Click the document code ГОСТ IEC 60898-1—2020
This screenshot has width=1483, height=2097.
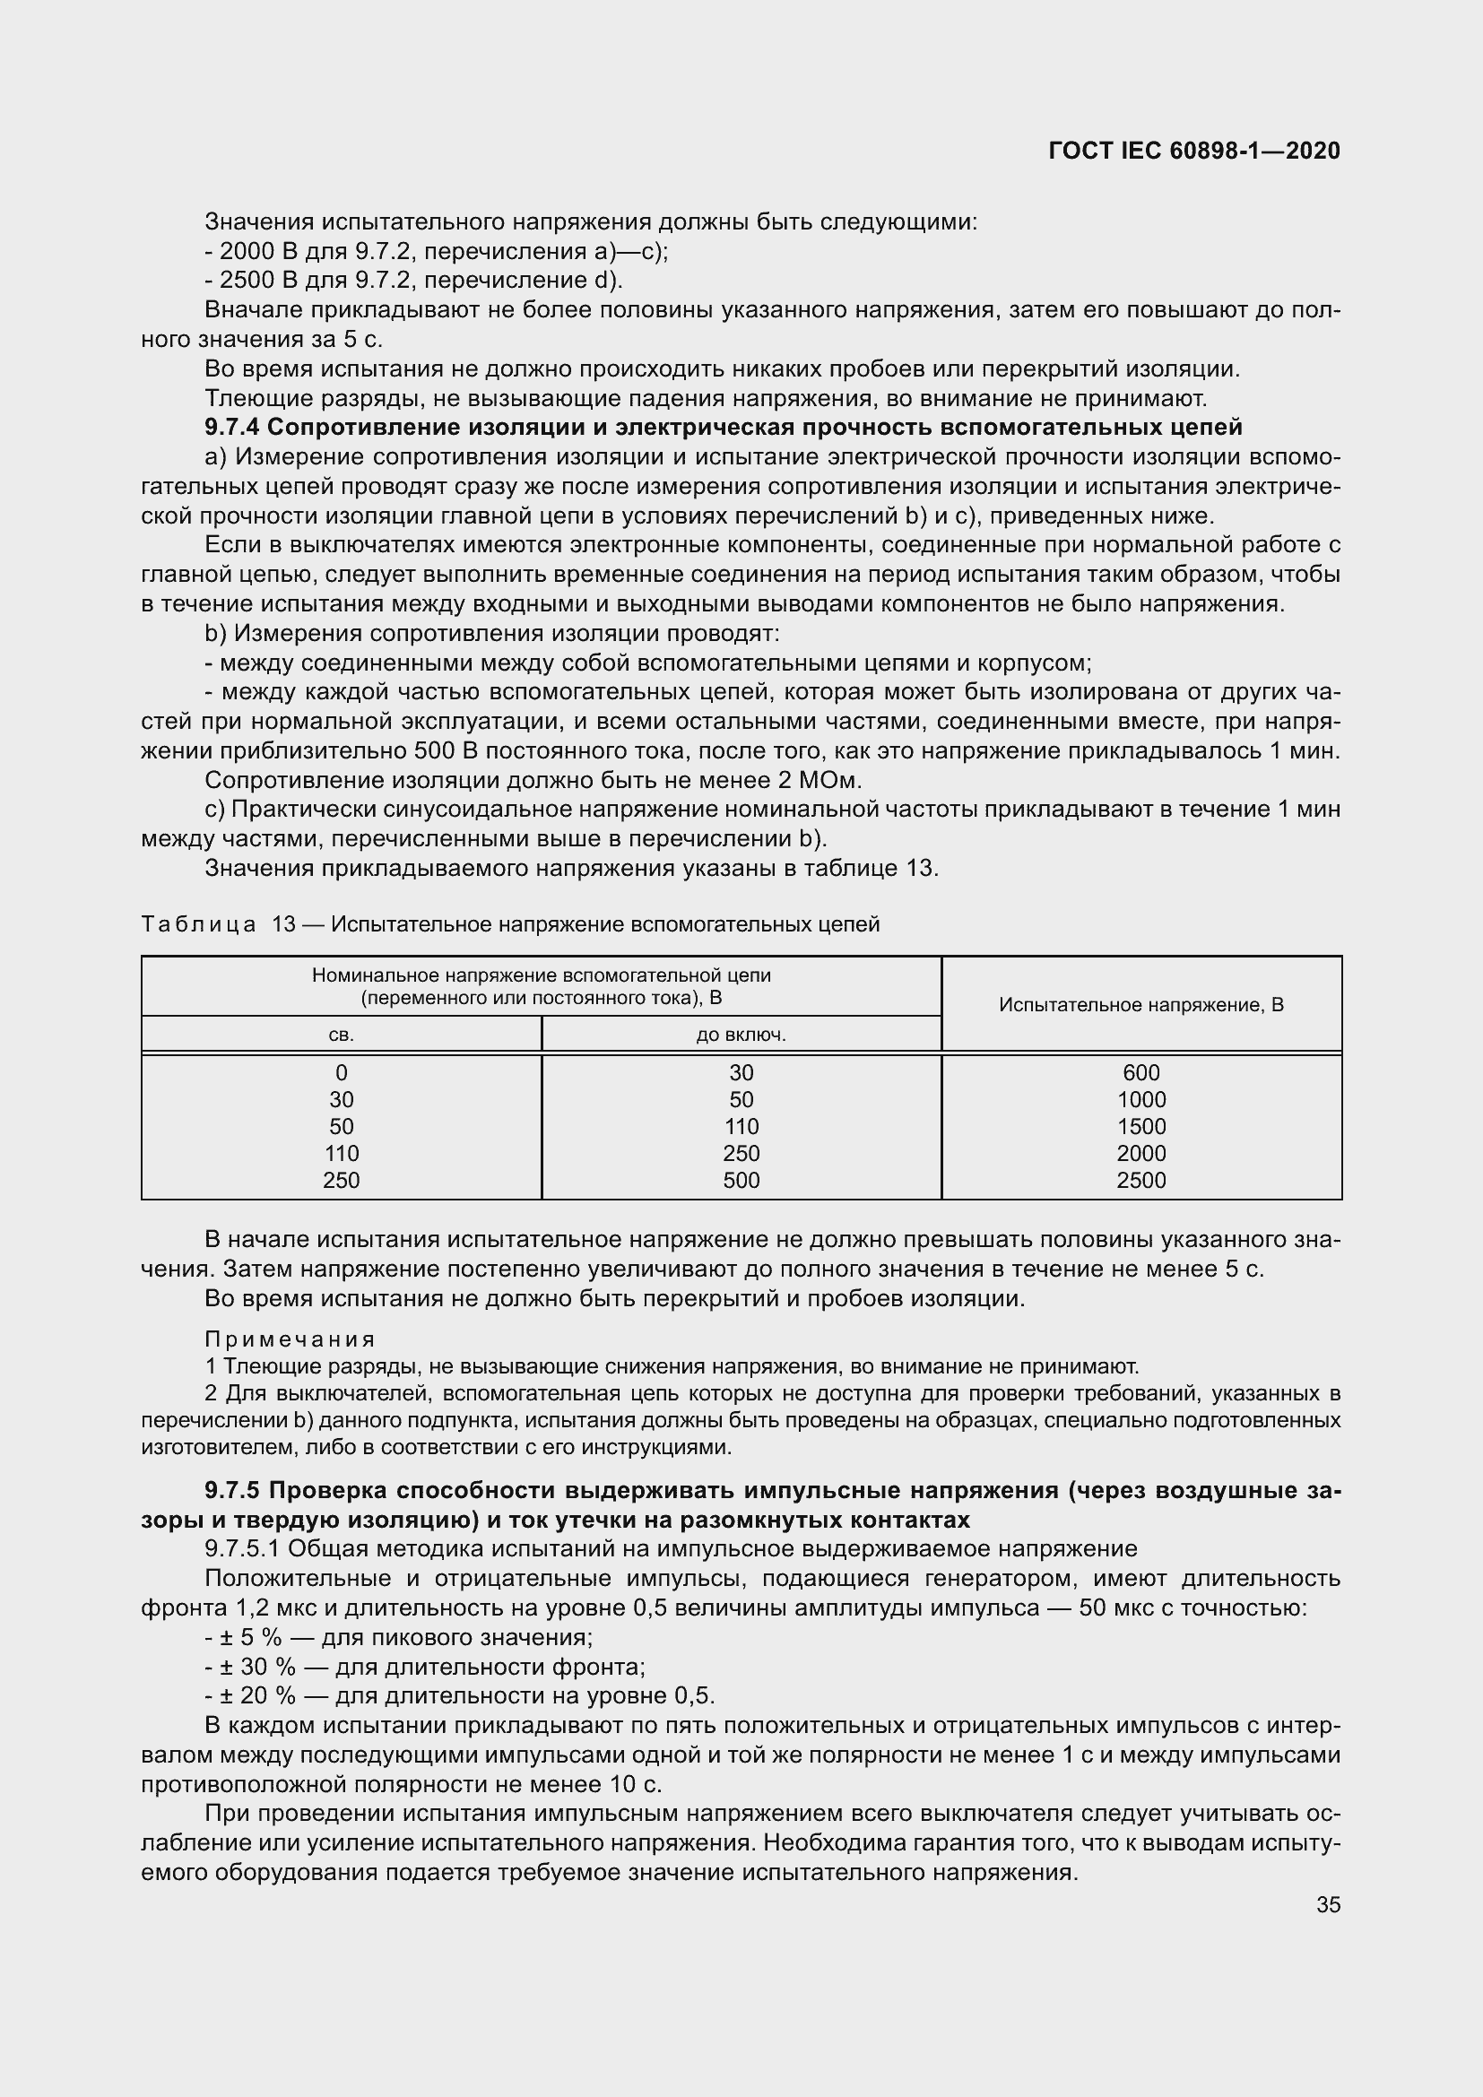1194,152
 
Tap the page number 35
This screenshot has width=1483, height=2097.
1328,1904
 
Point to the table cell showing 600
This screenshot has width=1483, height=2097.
1140,1072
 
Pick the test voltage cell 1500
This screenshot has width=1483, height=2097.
1140,1126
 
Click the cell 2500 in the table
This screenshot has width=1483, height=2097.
1140,1180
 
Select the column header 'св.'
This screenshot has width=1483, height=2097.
341,1035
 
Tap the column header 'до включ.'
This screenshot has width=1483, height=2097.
741,1035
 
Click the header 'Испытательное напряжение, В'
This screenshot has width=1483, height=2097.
1140,1005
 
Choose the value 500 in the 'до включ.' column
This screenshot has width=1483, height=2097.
741,1180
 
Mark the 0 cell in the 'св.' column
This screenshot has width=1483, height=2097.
341,1072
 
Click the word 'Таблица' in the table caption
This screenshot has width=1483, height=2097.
198,924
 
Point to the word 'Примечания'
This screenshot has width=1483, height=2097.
290,1339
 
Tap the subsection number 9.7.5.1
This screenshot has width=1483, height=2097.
242,1549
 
